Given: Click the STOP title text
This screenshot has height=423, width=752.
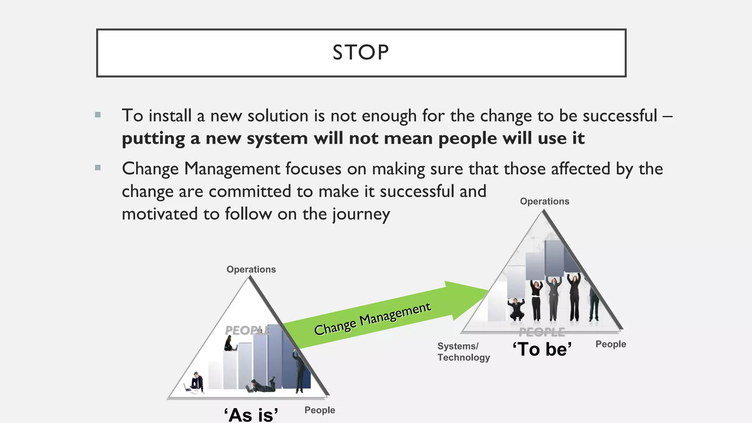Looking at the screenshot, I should coord(361,53).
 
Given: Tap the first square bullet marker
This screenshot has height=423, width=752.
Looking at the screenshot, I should coord(98,115).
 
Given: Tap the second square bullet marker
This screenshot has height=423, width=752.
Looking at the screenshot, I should coord(98,168).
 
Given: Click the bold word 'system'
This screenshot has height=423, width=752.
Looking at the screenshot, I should coord(277,139).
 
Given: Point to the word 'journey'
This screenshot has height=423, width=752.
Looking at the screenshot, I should coord(361,214).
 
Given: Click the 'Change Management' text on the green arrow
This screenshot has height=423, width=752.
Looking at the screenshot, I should coord(372,319).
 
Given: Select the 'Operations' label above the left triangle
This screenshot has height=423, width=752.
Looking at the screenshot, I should coord(251,270).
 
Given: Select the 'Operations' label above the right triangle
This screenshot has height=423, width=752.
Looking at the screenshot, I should coord(545,201).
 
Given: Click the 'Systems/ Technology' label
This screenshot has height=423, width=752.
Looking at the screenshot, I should coord(463,352).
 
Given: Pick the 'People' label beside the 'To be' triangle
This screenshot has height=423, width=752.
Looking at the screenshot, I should coord(611,344).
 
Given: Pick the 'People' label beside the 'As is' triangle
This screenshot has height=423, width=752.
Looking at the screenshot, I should coord(319,410).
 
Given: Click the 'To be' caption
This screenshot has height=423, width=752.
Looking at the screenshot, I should coord(542,349).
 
